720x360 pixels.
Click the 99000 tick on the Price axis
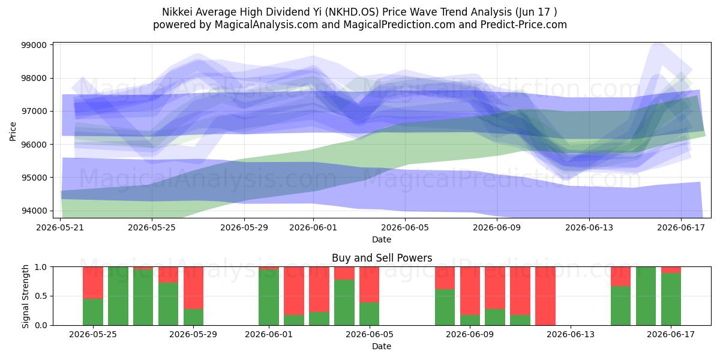34,45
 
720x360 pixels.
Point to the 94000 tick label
34,211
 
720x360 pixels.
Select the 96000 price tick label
34,145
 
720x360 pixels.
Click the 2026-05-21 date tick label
60,228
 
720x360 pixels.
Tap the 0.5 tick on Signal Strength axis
40,296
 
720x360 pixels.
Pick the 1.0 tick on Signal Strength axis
40,267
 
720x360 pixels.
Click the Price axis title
13,131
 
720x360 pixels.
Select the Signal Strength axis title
25,296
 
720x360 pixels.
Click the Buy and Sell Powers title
382,258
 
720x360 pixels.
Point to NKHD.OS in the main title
352,12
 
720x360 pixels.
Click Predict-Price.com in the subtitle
524,25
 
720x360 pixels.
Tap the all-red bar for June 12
545,296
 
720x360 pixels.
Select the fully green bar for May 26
118,296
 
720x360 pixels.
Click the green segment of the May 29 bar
193,317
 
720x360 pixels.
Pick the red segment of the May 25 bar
93,283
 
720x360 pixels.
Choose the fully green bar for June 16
646,296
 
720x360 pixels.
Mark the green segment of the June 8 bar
445,307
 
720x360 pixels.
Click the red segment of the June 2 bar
294,291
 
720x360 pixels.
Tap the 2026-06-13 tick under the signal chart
571,335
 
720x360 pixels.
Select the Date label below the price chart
382,239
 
